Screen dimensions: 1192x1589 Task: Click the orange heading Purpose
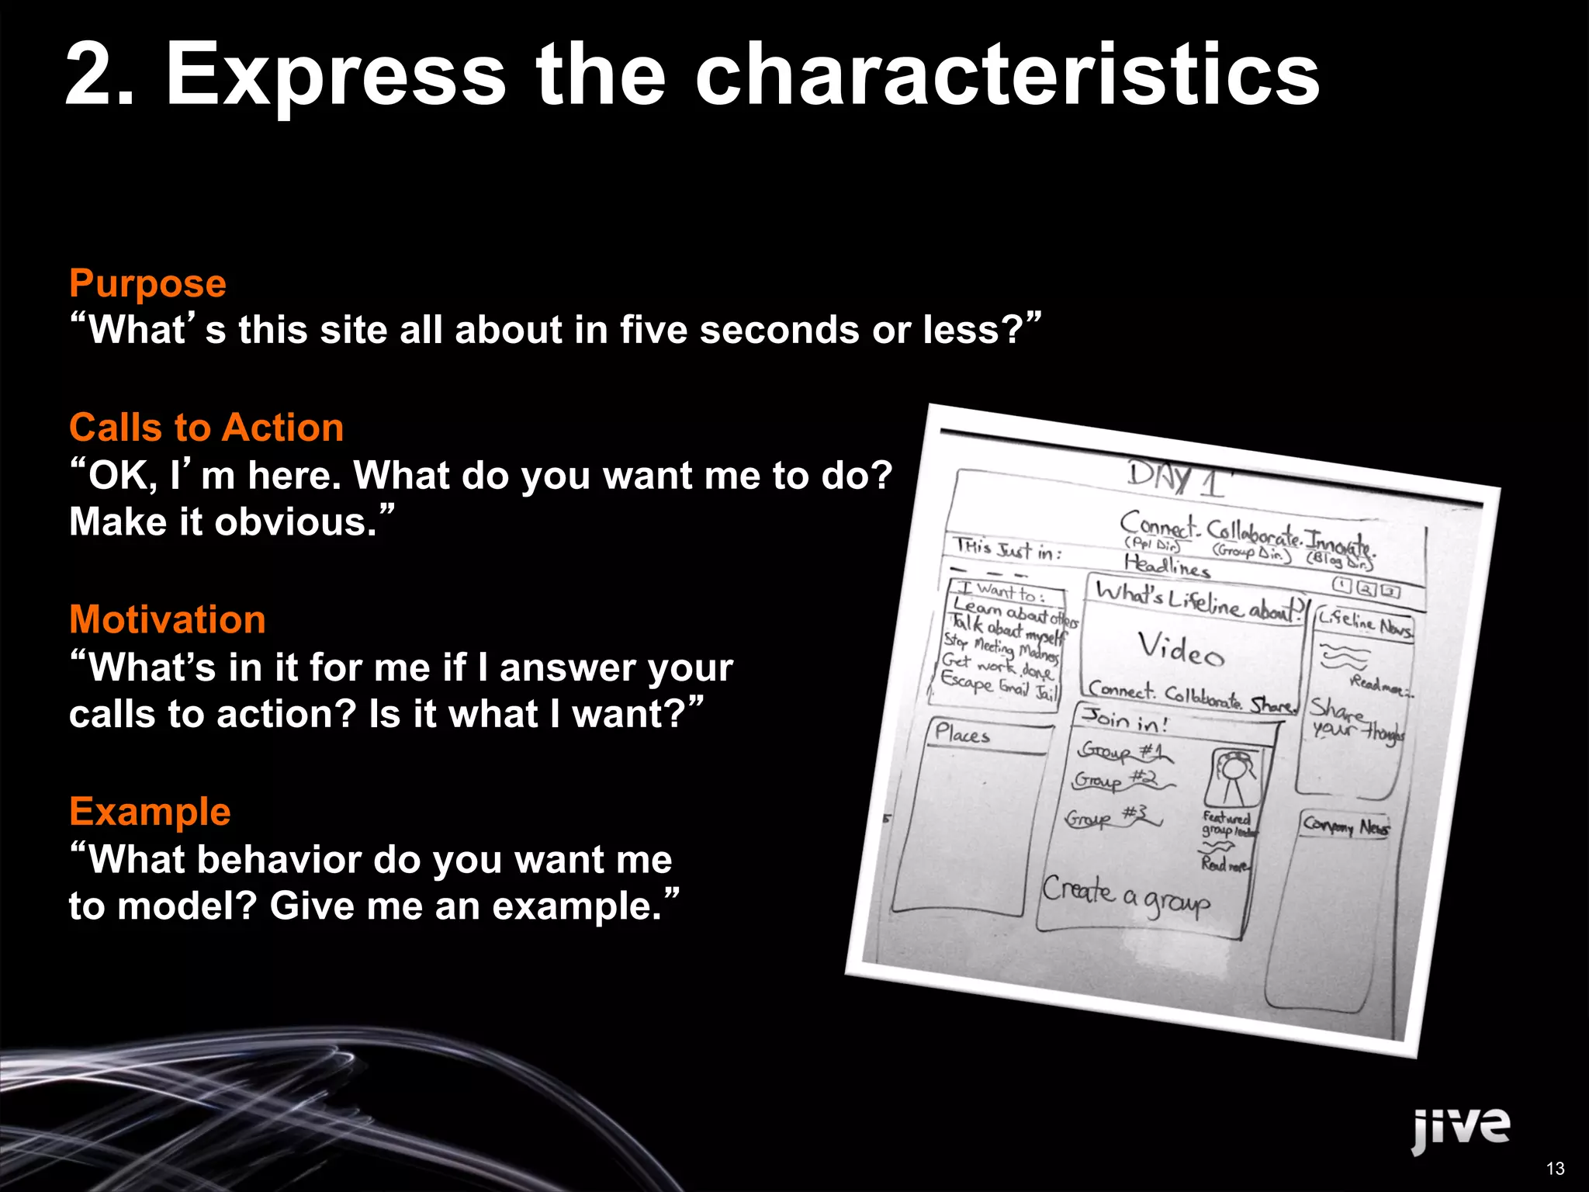pyautogui.click(x=147, y=284)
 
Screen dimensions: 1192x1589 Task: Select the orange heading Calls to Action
pyautogui.click(x=206, y=428)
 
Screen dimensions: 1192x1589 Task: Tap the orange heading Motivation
pyautogui.click(x=168, y=620)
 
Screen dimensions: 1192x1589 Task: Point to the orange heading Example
pyautogui.click(x=150, y=813)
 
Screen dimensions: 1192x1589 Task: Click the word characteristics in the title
pyautogui.click(x=1006, y=75)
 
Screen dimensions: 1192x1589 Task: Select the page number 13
pyautogui.click(x=1555, y=1169)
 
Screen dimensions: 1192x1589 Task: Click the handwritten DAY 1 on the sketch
pyautogui.click(x=1175, y=479)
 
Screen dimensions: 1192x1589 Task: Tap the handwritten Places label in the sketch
pyautogui.click(x=962, y=733)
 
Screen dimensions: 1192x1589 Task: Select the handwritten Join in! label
pyautogui.click(x=1125, y=720)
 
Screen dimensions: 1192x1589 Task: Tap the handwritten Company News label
pyautogui.click(x=1346, y=826)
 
